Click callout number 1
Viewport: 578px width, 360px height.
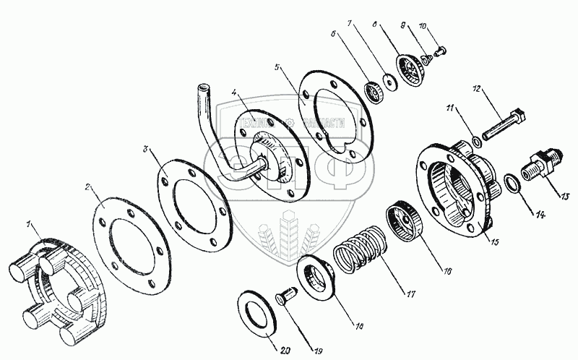[x=30, y=226]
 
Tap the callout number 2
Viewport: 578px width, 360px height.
[x=88, y=187]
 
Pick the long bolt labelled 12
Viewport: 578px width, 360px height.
[x=505, y=124]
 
